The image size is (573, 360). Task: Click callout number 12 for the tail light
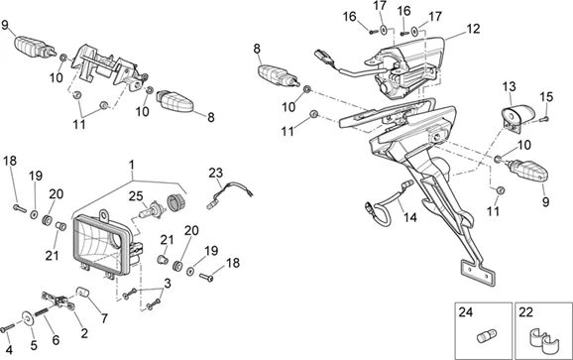(x=473, y=29)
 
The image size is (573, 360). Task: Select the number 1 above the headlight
(x=132, y=165)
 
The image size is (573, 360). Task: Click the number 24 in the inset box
(x=466, y=312)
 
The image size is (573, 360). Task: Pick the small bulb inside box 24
(x=487, y=335)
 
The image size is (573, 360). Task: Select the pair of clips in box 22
(x=541, y=342)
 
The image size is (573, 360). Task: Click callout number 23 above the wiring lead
(x=215, y=173)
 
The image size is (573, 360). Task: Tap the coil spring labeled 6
(x=42, y=312)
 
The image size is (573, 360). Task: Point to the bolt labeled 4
(x=7, y=328)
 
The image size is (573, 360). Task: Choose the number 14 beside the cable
(x=410, y=217)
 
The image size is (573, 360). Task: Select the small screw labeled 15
(x=545, y=118)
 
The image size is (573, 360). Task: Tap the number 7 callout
(x=104, y=318)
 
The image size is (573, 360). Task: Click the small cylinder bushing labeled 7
(x=83, y=293)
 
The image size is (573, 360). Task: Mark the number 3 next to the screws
(x=167, y=284)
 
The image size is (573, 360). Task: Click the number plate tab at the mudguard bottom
(x=478, y=273)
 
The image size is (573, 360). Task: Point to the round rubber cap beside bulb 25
(x=176, y=203)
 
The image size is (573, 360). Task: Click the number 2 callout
(x=84, y=333)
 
